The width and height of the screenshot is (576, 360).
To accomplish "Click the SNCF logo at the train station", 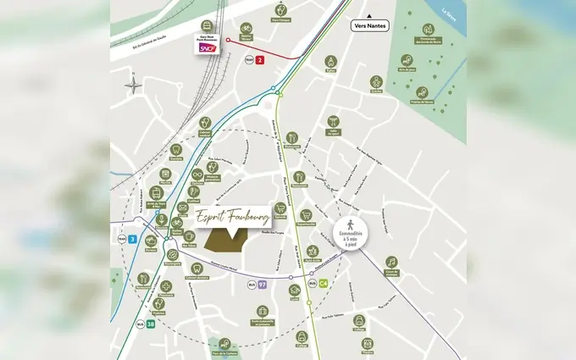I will (206, 49).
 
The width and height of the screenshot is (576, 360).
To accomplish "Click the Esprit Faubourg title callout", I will (232, 215).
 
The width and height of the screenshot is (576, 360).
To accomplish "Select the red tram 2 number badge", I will (260, 60).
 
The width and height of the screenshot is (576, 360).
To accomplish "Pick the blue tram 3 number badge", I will (133, 240).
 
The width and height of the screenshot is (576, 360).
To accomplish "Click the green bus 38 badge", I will (149, 324).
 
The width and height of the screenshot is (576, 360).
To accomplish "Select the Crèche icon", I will (376, 82).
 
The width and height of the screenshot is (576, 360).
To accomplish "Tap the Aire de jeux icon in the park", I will (407, 61).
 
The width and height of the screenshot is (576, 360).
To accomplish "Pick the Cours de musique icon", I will (391, 262).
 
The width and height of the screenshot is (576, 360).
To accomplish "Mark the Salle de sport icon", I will (333, 121).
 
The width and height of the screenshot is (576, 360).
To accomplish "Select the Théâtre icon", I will (367, 341).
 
